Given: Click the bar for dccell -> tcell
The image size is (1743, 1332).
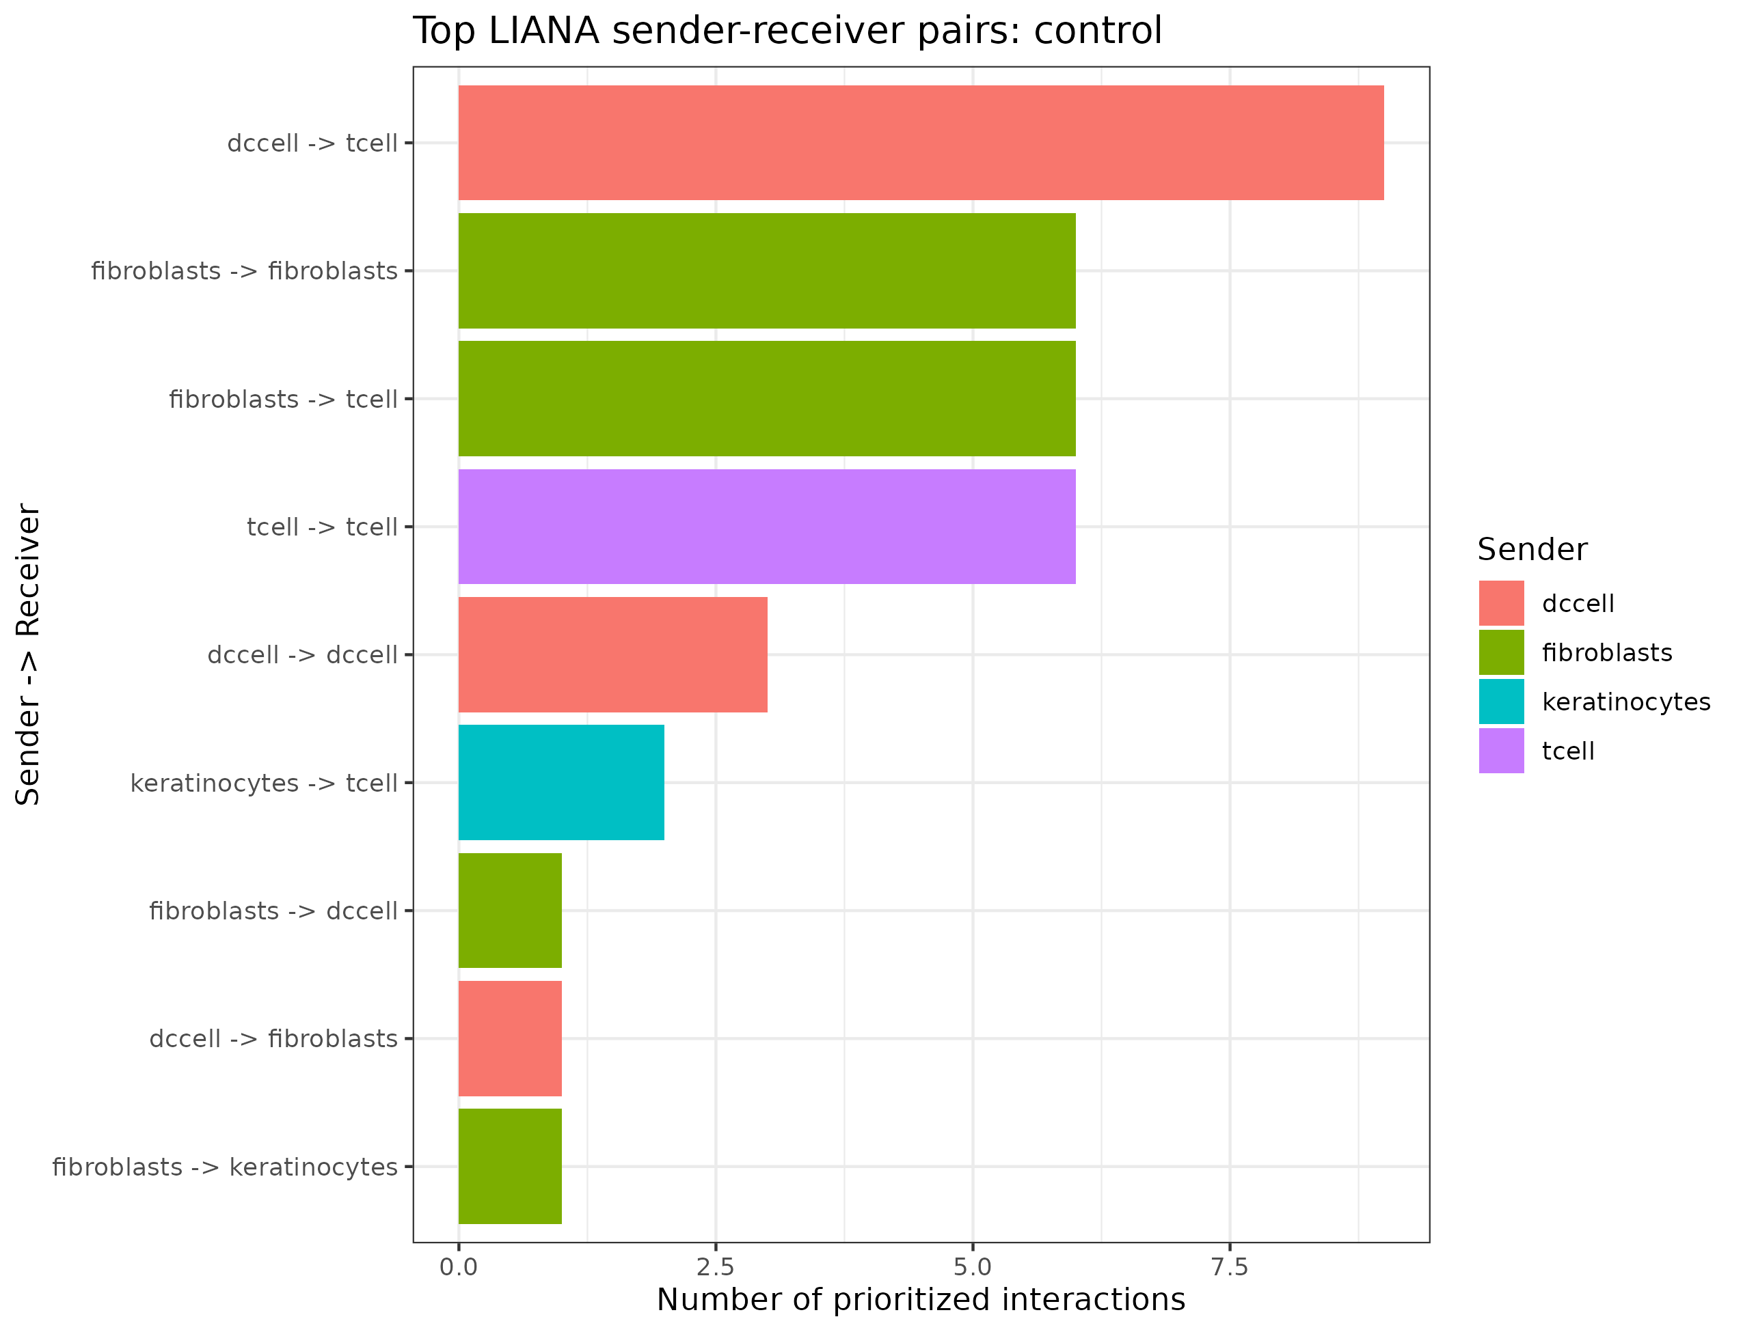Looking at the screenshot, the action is (921, 143).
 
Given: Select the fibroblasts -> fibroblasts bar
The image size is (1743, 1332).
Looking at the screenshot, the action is (767, 270).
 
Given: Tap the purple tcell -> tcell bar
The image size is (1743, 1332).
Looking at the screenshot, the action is (767, 527).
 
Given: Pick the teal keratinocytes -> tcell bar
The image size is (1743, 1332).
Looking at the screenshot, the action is (561, 783).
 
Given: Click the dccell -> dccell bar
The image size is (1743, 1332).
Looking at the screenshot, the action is (612, 655).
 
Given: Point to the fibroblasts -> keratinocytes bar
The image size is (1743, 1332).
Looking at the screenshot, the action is (510, 1166).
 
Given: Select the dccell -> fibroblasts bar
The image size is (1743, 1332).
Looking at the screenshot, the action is (510, 1039).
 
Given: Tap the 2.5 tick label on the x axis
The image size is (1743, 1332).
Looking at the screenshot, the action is (716, 1268).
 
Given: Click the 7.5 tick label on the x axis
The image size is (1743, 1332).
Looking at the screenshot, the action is (1230, 1268).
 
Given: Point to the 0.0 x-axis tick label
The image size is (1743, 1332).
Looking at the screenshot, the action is (459, 1268).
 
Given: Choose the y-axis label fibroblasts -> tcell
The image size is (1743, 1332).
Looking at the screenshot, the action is (283, 399).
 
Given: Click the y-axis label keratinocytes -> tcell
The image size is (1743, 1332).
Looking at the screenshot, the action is (263, 783).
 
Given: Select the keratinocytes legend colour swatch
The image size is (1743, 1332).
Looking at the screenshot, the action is (1501, 702).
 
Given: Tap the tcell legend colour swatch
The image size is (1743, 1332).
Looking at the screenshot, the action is (1501, 751).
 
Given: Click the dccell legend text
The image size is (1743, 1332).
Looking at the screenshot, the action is (1578, 603).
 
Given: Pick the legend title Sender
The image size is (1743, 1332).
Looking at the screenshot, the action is (1532, 549).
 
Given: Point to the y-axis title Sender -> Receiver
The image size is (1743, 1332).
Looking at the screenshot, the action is (28, 654).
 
